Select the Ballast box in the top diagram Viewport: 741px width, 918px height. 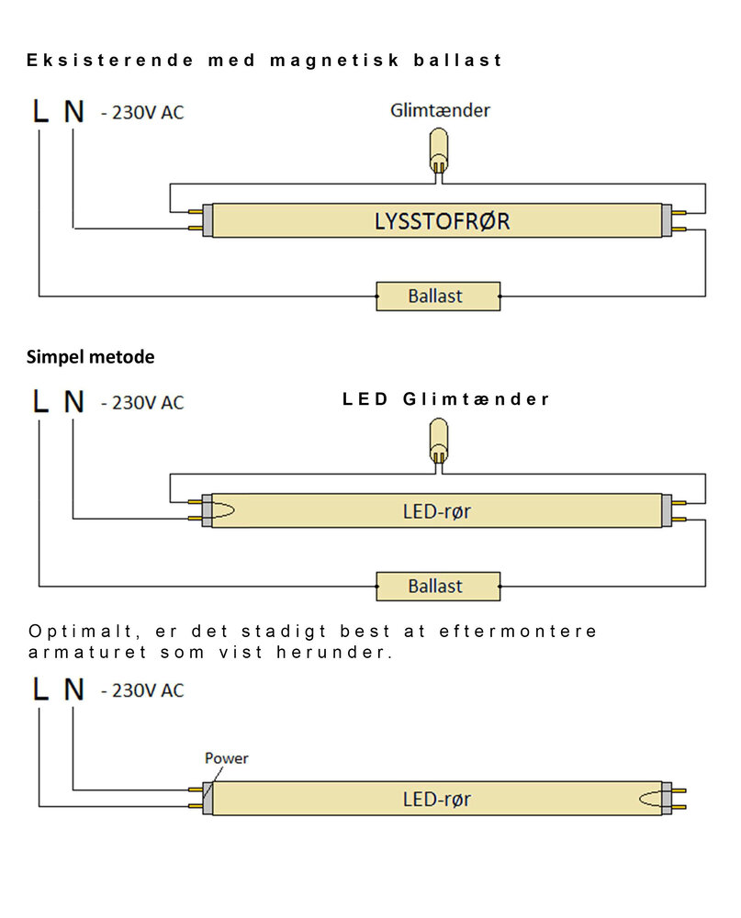438,297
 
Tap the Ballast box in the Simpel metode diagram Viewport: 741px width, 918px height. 438,586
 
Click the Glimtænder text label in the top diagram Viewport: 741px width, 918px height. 440,110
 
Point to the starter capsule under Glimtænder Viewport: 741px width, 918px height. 440,152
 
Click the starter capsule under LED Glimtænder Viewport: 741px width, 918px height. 440,442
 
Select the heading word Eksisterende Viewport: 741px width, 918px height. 110,61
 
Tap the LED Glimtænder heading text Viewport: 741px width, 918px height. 446,399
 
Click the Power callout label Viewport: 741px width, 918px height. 226,758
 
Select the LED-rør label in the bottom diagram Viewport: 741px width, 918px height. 436,800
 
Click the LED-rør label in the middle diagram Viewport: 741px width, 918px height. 436,511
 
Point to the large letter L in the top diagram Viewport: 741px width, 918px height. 39,112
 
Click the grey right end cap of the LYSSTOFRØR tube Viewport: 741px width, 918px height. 668,222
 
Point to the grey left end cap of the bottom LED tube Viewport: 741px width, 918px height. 208,799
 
